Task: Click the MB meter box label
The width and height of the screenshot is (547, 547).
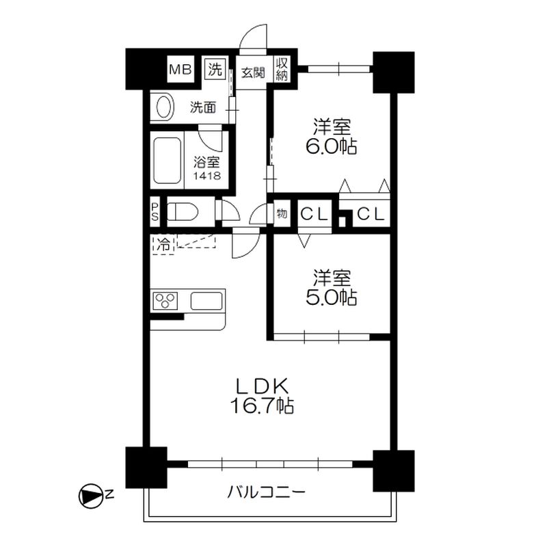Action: (181, 70)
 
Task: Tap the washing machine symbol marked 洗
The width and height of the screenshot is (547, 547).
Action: (215, 69)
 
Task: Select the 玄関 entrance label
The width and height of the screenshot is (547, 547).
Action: (253, 73)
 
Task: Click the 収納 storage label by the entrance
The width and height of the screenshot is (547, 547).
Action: (282, 70)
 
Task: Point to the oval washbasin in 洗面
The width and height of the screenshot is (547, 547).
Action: (165, 107)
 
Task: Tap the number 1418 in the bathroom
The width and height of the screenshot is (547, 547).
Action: (207, 176)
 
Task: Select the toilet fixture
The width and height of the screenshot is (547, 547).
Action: (182, 212)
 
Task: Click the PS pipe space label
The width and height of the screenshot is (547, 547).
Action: (155, 212)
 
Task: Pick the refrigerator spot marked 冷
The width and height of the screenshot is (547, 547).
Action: (163, 245)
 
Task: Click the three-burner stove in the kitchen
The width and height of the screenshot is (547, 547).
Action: (165, 301)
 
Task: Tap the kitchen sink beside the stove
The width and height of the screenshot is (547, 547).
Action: (206, 301)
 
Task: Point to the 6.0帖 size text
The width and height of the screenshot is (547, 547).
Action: (332, 147)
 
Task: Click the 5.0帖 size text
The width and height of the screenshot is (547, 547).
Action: (332, 297)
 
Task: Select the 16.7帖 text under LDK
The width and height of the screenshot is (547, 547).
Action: (261, 405)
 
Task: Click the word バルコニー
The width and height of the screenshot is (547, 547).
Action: (267, 492)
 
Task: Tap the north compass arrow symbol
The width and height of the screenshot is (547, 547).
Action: (91, 496)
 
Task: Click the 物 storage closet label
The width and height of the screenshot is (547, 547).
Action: (282, 213)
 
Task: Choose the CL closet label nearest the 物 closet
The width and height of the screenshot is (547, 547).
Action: (315, 214)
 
